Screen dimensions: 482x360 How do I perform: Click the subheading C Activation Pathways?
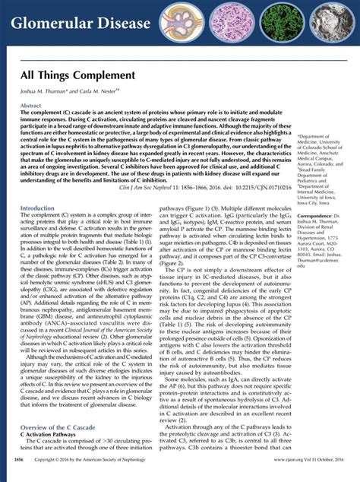[53, 436]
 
